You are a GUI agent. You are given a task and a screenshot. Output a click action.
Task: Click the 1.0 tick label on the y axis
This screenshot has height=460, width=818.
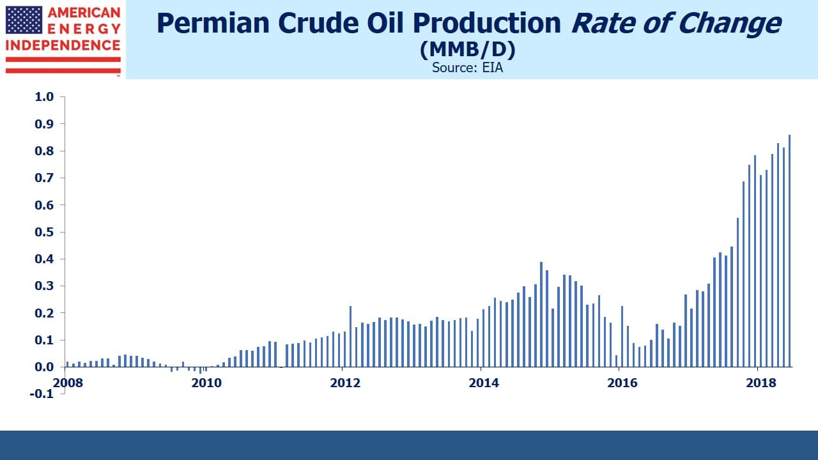coord(44,96)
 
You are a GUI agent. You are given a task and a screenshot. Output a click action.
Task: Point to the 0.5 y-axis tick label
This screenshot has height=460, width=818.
coord(44,232)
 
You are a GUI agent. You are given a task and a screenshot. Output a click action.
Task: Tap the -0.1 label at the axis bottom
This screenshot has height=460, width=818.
coord(42,394)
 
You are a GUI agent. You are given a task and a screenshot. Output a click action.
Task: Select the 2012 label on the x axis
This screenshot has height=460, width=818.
coord(345,383)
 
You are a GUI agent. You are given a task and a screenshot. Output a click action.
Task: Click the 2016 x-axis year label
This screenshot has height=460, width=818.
coord(622,383)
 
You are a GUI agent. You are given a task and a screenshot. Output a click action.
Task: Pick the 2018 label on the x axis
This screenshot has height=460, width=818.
coord(761,383)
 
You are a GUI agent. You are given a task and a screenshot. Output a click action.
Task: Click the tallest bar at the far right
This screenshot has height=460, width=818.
coord(789,251)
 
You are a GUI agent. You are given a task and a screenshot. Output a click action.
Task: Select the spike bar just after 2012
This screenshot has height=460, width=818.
coord(351,336)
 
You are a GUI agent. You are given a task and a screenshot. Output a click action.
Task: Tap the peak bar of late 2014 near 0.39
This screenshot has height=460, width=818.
coord(541,314)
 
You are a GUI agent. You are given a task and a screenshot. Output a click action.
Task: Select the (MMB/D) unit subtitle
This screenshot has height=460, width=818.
coord(467,50)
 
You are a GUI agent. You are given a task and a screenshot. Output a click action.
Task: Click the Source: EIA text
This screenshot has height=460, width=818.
coord(467,68)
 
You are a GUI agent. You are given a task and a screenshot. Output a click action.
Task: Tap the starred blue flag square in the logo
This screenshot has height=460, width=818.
coord(24,20)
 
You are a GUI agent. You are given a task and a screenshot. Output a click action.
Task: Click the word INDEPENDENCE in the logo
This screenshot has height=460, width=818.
coord(63,45)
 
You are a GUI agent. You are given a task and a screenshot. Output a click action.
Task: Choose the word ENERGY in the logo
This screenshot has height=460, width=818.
coord(84,29)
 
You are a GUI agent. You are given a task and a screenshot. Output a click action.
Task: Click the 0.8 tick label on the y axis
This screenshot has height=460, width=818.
coord(44,151)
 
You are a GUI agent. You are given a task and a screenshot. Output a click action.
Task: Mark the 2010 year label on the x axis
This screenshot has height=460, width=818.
coord(206,383)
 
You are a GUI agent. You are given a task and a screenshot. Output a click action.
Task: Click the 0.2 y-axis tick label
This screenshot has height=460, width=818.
coord(44,313)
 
